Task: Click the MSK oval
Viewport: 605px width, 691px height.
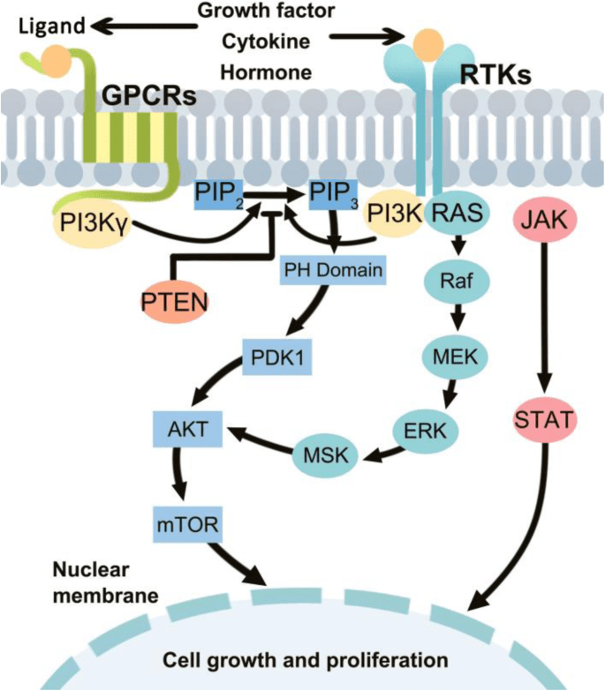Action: pyautogui.click(x=321, y=455)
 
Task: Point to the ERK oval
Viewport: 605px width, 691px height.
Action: pyautogui.click(x=422, y=430)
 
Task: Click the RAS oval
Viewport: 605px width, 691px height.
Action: pyautogui.click(x=458, y=212)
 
